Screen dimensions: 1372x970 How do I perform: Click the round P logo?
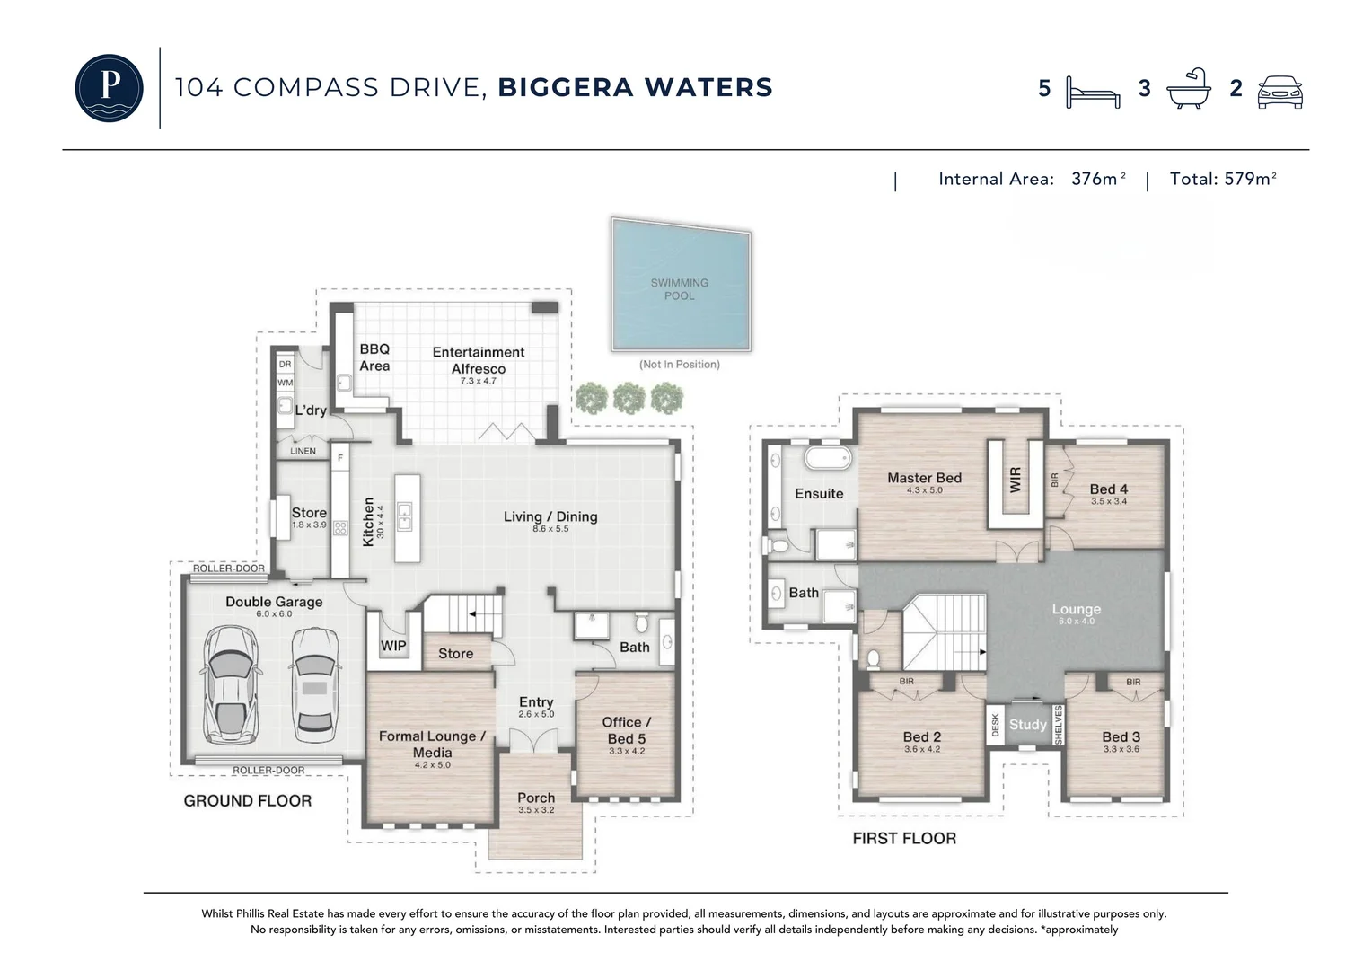(x=109, y=88)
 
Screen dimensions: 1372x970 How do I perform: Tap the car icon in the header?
(x=1280, y=92)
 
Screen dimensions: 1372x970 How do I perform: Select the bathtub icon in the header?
(x=1189, y=88)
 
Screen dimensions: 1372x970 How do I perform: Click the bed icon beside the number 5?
(x=1093, y=93)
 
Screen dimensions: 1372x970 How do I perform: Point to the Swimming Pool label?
(x=679, y=289)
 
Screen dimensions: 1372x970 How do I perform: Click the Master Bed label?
(x=924, y=478)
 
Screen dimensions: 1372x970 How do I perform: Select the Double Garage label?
(x=274, y=602)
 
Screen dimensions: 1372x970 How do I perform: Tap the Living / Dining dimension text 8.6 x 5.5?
(x=550, y=528)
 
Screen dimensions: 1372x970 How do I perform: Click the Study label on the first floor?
(x=1028, y=724)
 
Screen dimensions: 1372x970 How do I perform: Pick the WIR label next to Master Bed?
(x=1015, y=480)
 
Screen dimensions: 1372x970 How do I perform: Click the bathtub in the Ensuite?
(x=828, y=458)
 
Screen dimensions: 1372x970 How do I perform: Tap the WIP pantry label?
(x=393, y=646)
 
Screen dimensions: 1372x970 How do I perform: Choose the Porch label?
(x=536, y=798)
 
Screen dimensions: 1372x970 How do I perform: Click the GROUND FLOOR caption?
(x=248, y=801)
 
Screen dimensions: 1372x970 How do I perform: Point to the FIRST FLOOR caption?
(x=904, y=838)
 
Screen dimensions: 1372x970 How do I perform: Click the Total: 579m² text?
(x=1223, y=179)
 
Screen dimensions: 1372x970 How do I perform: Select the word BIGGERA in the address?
(x=566, y=87)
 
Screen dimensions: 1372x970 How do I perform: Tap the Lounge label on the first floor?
(x=1077, y=609)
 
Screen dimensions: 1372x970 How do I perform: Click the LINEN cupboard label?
(x=303, y=451)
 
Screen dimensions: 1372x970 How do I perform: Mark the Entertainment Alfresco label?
(x=479, y=360)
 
